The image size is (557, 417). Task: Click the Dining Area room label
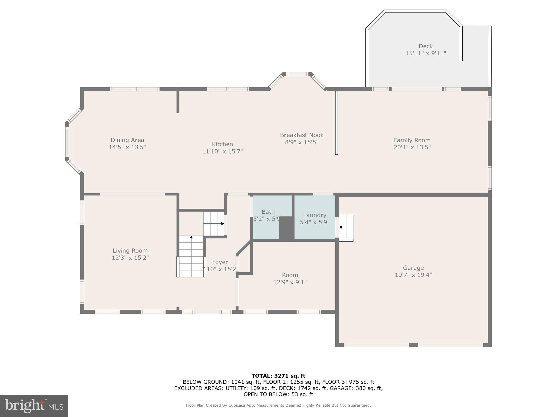pyautogui.click(x=127, y=140)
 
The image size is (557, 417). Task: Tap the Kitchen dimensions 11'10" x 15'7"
pyautogui.click(x=222, y=151)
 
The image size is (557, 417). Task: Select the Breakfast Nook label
pyautogui.click(x=302, y=135)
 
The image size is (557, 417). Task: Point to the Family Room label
pyautogui.click(x=412, y=140)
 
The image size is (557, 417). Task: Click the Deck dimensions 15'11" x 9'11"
pyautogui.click(x=426, y=53)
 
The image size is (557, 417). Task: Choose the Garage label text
pyautogui.click(x=413, y=268)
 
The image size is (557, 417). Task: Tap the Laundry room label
pyautogui.click(x=314, y=215)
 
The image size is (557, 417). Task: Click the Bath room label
pyautogui.click(x=268, y=212)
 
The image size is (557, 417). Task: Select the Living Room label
pyautogui.click(x=130, y=251)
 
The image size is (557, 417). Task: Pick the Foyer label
pyautogui.click(x=220, y=262)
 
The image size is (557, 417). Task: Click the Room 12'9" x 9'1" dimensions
pyautogui.click(x=290, y=282)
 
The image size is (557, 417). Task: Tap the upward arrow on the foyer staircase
pyautogui.click(x=191, y=237)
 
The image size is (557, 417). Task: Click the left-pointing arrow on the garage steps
pyautogui.click(x=341, y=227)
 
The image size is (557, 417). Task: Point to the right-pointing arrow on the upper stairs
pyautogui.click(x=222, y=224)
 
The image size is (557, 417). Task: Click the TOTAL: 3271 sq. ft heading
pyautogui.click(x=278, y=376)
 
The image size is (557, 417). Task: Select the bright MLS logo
pyautogui.click(x=34, y=406)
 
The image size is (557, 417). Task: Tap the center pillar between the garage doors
pyautogui.click(x=413, y=345)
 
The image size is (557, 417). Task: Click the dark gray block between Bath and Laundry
pyautogui.click(x=286, y=228)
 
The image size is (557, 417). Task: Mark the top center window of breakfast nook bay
pyautogui.click(x=297, y=74)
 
